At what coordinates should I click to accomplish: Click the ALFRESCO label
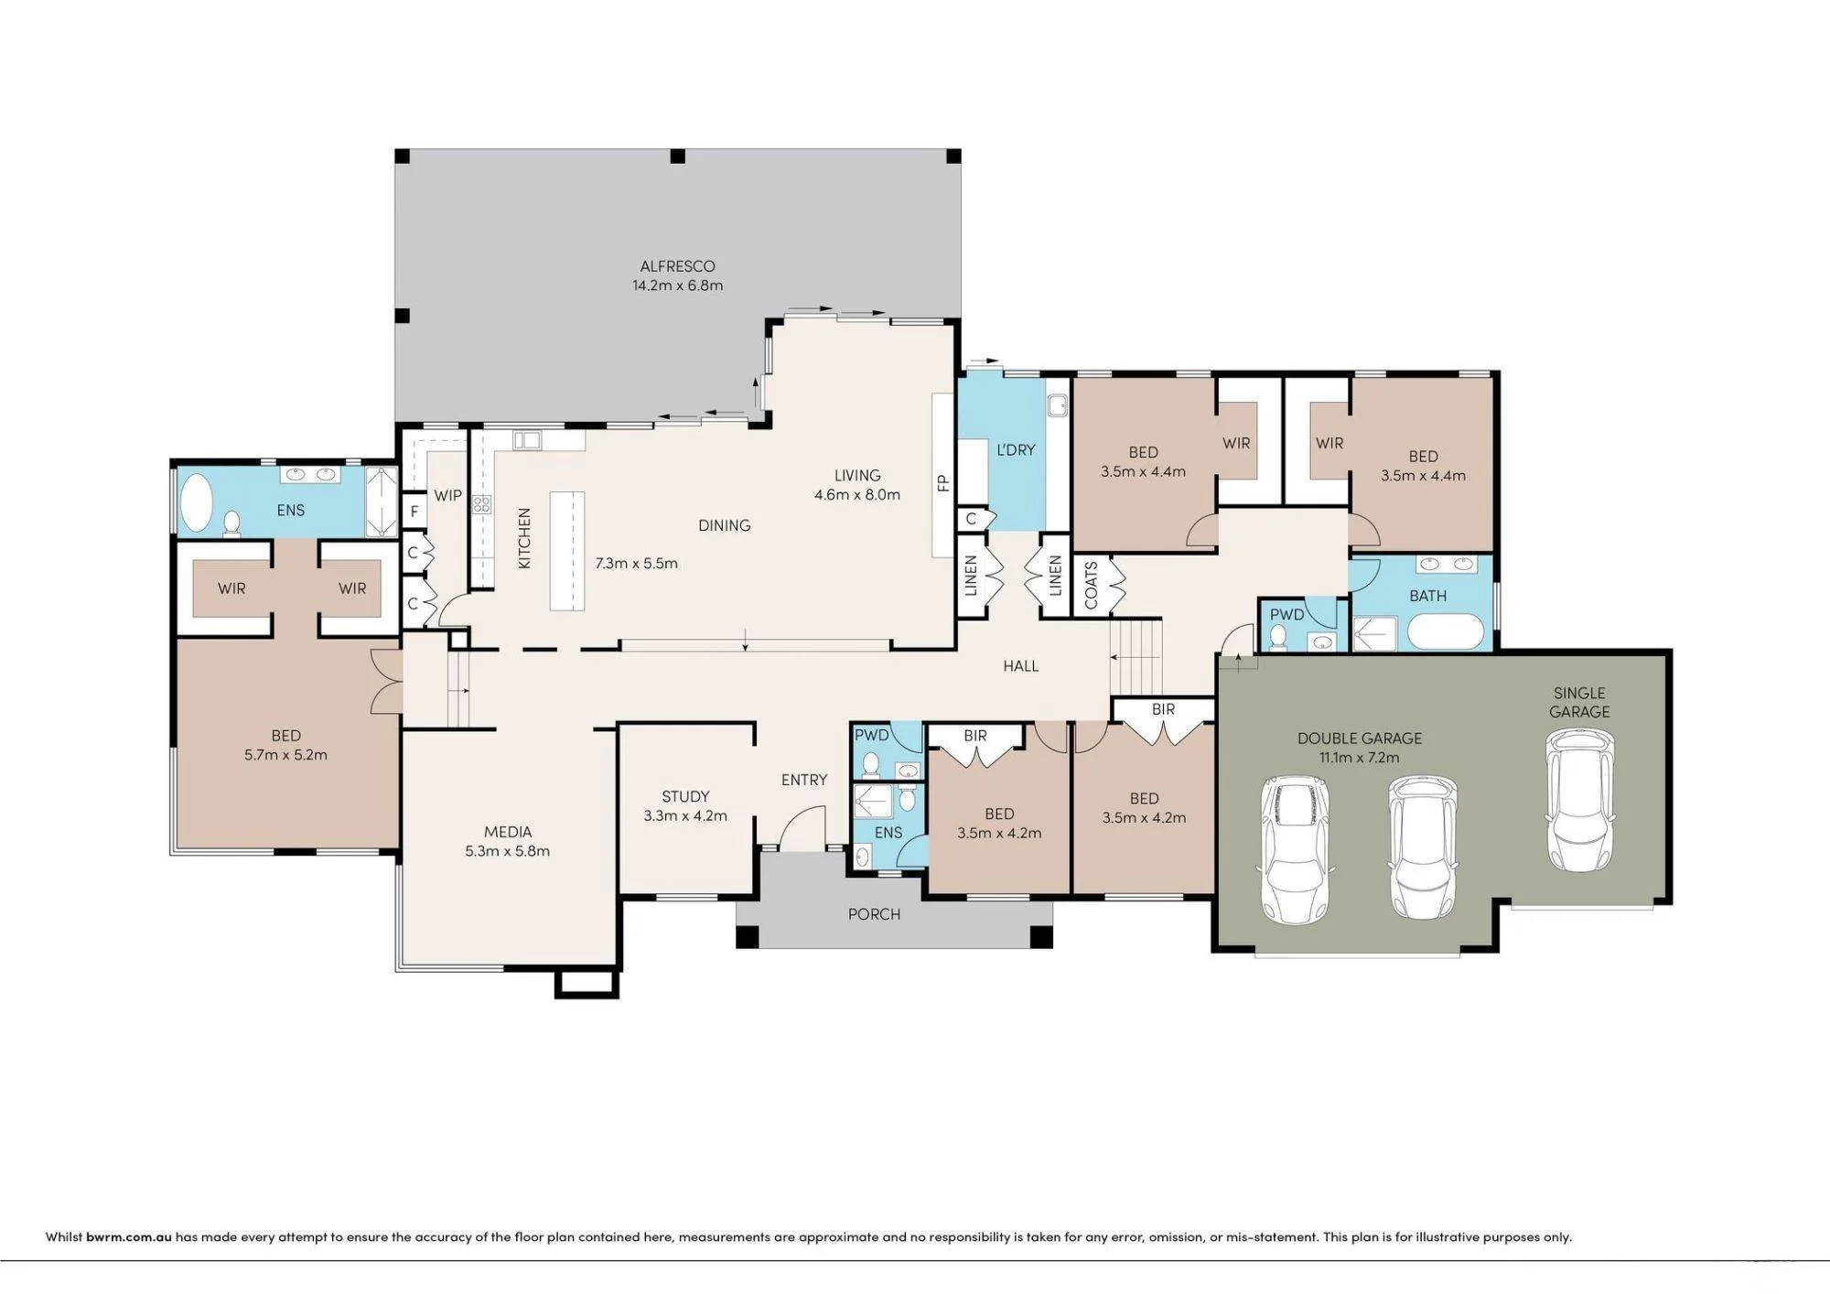(677, 266)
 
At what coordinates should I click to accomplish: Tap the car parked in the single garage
(1579, 800)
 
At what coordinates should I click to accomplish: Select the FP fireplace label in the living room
(943, 483)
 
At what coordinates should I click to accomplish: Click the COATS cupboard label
(1091, 586)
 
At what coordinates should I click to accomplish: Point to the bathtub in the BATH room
(1445, 631)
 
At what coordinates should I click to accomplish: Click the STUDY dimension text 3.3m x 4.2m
(685, 815)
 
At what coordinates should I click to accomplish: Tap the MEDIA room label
(508, 832)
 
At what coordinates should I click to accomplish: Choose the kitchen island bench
(566, 551)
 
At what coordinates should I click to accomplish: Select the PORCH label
(874, 914)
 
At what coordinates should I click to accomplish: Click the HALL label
(1020, 666)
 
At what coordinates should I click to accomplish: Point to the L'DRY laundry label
(1016, 450)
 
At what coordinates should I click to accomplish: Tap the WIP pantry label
(447, 496)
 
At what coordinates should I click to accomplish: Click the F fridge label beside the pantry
(414, 512)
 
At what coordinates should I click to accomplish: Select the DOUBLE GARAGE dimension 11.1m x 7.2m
(1359, 758)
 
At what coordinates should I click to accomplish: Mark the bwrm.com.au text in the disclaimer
(129, 1237)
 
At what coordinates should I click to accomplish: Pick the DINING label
(724, 525)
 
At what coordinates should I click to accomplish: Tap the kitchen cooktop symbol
(481, 504)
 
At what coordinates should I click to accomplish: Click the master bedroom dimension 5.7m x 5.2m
(285, 755)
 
